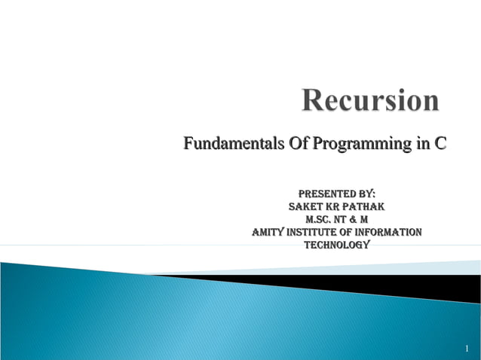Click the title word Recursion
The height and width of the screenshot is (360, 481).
tap(370, 101)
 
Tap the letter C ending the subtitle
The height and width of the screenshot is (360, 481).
tap(438, 143)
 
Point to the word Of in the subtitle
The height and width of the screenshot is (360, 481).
tap(290, 143)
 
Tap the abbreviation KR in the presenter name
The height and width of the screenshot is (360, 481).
tap(332, 206)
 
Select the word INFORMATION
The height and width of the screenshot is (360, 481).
tap(390, 233)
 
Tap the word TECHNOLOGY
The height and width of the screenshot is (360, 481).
tap(337, 246)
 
